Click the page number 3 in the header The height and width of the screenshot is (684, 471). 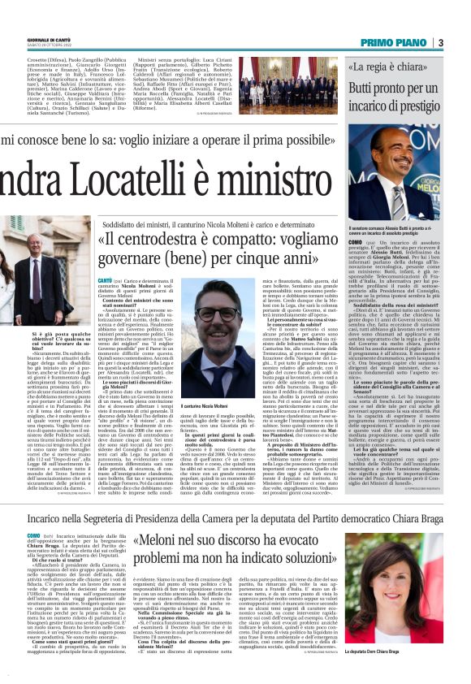point(463,42)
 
